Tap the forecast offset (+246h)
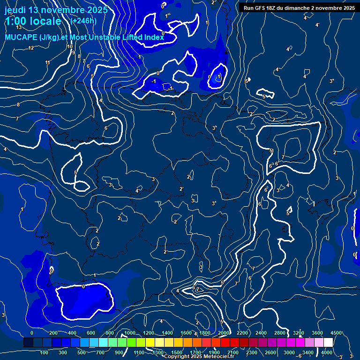[x=83, y=21]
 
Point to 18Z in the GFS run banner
[x=275, y=8]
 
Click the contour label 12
[x=31, y=48]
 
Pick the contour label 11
[x=47, y=63]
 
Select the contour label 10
[x=69, y=46]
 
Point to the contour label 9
[x=74, y=52]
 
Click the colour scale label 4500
[x=336, y=333]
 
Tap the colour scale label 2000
[x=224, y=333]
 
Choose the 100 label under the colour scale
[x=44, y=352]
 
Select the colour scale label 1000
[x=130, y=333]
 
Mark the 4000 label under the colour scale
[x=327, y=352]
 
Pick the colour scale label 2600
[x=270, y=352]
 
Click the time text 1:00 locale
[x=33, y=21]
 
